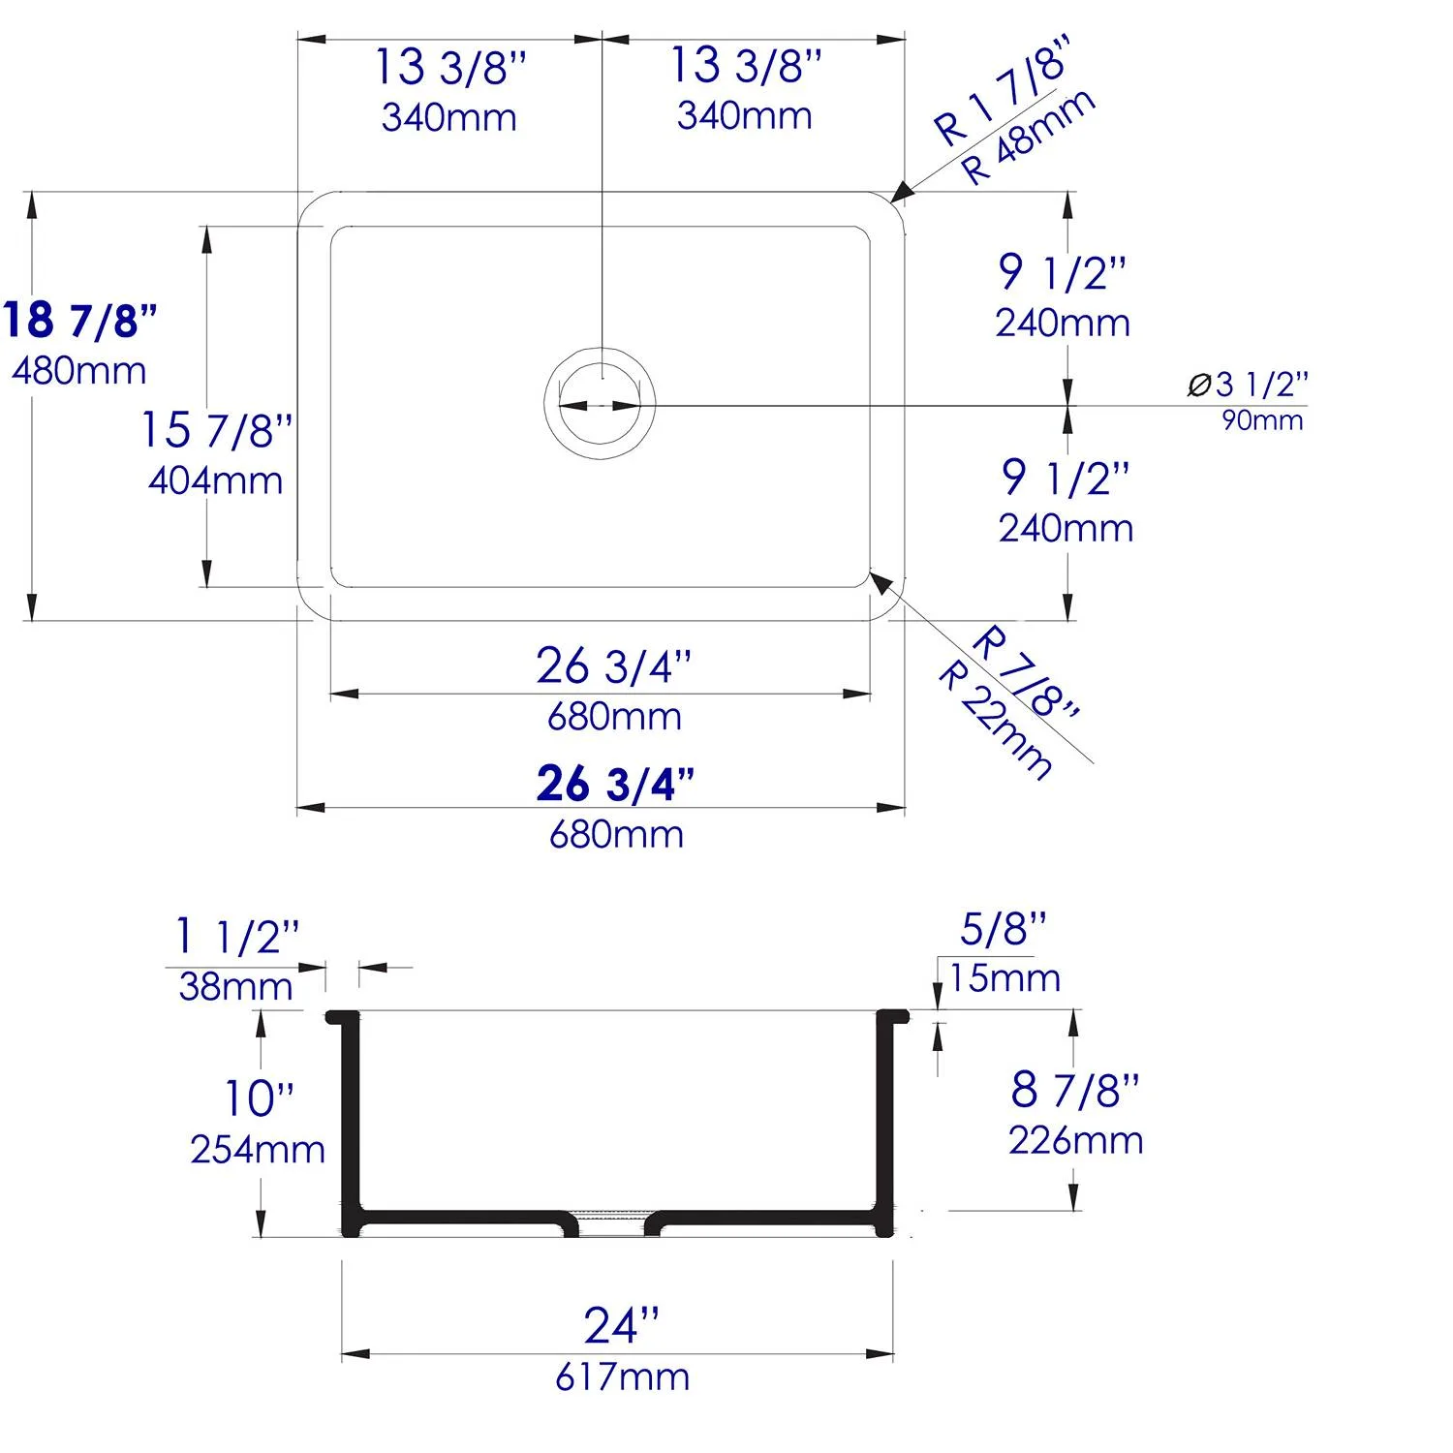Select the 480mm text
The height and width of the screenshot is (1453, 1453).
click(79, 370)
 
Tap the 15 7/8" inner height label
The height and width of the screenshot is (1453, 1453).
click(216, 429)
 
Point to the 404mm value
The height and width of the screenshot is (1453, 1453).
click(216, 480)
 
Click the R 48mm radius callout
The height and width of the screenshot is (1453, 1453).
click(1030, 137)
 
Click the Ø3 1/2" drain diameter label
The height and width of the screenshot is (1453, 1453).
click(1248, 385)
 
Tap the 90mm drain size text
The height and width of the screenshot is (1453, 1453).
click(1262, 420)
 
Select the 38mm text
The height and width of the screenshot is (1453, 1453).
click(235, 986)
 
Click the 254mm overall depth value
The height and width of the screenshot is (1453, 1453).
click(258, 1149)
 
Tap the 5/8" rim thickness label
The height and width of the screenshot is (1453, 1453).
click(1004, 929)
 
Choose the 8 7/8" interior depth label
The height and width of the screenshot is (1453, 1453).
click(1075, 1090)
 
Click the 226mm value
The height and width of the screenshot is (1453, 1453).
click(1075, 1140)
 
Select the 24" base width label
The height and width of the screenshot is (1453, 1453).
click(621, 1325)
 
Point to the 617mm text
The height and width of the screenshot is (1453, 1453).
click(622, 1376)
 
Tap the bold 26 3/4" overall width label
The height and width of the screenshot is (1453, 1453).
click(615, 784)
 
